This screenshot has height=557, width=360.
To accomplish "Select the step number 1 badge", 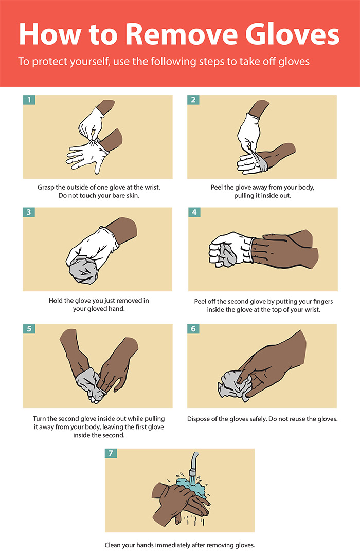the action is (29, 100).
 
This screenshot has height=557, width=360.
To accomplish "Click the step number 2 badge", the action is (193, 100).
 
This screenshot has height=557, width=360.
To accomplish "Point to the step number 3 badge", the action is (29, 212).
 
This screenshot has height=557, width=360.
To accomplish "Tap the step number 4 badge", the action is (194, 212).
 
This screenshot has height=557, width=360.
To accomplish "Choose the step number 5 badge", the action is (29, 328).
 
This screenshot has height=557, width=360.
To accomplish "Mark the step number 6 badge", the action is (193, 328).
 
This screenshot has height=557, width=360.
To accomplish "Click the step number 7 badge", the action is (111, 453).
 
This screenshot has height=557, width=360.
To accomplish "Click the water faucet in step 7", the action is (193, 463).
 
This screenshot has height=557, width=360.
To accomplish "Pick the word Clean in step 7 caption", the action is (112, 545).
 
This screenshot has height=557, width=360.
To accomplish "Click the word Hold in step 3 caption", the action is (56, 301).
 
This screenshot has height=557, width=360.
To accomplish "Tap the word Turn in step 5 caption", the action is (39, 418).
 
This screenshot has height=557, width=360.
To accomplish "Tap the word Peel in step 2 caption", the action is (217, 187).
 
